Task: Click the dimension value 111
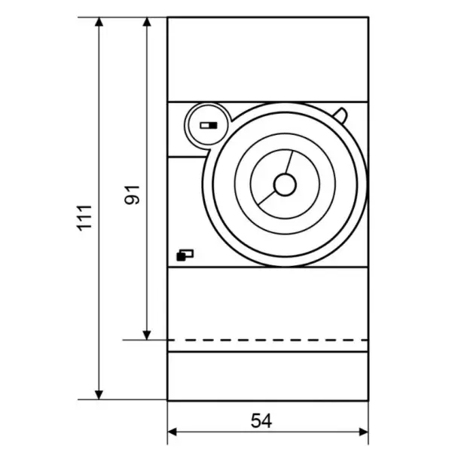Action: point(84,218)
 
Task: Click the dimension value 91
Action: point(132,195)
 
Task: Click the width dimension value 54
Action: point(261,420)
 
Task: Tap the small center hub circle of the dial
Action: point(285,185)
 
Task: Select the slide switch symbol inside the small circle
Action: point(209,125)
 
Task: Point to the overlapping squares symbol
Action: point(185,255)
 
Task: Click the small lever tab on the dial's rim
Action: point(341,115)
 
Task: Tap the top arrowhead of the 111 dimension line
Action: point(99,22)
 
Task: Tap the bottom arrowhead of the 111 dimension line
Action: point(99,395)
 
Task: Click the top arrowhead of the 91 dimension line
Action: point(147,22)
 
